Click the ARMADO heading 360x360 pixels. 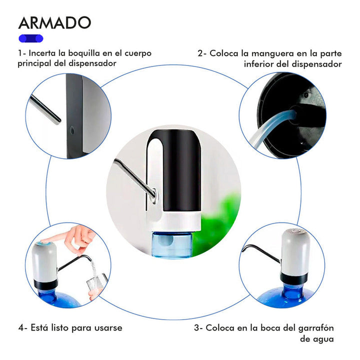pyautogui.click(x=55, y=22)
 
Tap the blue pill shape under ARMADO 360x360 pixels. pyautogui.click(x=31, y=38)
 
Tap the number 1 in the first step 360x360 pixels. pyautogui.click(x=20, y=53)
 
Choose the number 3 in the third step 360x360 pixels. pyautogui.click(x=196, y=328)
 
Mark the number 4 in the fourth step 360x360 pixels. pyautogui.click(x=20, y=328)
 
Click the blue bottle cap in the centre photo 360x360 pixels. pyautogui.click(x=172, y=245)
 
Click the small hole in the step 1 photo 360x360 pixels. pyautogui.click(x=72, y=130)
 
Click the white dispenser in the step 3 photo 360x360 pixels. pyautogui.click(x=294, y=252)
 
